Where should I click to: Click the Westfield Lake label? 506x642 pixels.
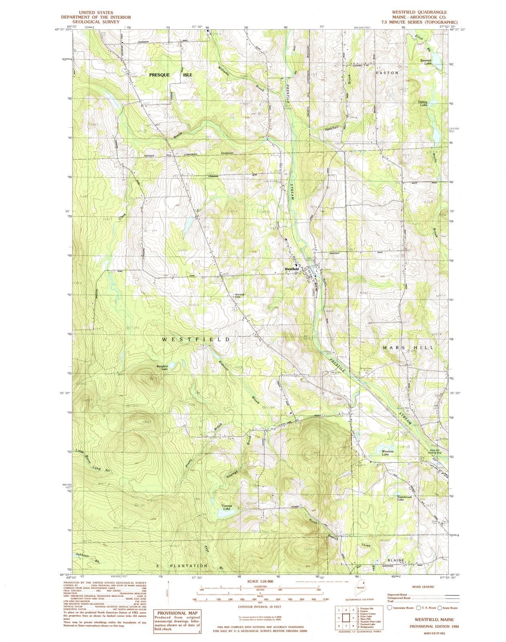coord(162,367)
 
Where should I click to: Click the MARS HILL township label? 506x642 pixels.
coord(408,347)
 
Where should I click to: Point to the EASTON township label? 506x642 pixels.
coord(387,73)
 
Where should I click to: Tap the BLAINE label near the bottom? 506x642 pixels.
coord(397,560)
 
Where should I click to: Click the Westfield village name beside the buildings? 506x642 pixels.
coord(291,269)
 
